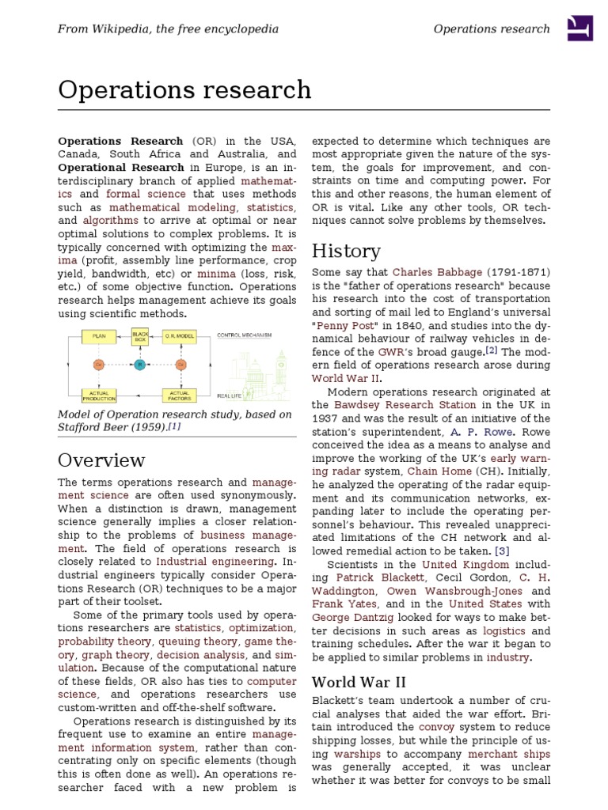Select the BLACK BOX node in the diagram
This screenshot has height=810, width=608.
coord(139,336)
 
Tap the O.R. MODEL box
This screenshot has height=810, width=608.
coord(180,336)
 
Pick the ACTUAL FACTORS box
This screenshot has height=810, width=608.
coord(180,394)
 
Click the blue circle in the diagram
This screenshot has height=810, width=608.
coord(139,365)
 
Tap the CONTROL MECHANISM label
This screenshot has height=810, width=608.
coord(244,335)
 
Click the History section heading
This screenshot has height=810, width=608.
coord(346,252)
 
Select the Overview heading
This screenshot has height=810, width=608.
coord(101,460)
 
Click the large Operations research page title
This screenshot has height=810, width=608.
coord(184,90)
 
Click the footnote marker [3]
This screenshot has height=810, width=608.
coord(502,551)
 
